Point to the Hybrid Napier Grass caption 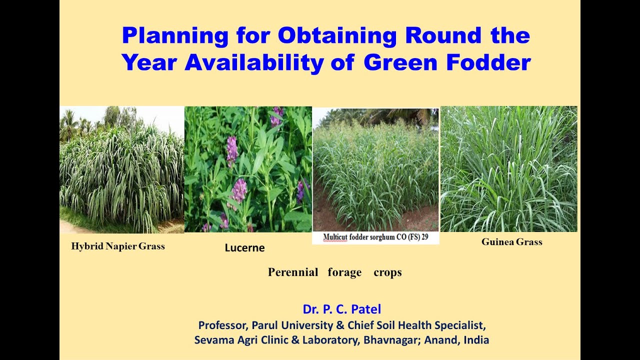[x=118, y=246]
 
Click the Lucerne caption [x=244, y=248]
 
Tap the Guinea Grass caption [x=511, y=242]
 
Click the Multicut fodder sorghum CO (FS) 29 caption [x=375, y=237]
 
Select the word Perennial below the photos [x=293, y=272]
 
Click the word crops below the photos [x=387, y=272]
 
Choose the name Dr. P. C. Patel [x=341, y=309]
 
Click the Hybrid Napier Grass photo [x=121, y=170]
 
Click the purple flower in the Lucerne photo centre [x=238, y=190]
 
